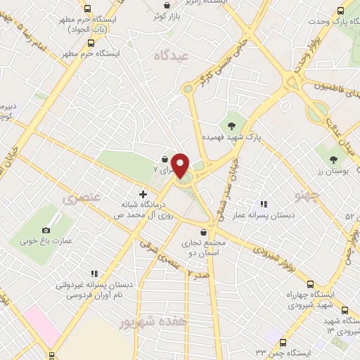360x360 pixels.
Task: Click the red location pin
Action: point(181,165)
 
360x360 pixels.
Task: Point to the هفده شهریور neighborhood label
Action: point(126,323)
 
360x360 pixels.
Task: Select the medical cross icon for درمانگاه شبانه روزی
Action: point(143,194)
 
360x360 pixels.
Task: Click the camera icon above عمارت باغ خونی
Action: point(46,230)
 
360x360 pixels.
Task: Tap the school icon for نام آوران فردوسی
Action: point(93,274)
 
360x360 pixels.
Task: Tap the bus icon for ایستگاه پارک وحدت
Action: point(341,11)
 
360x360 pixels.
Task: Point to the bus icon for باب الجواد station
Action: point(87,9)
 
